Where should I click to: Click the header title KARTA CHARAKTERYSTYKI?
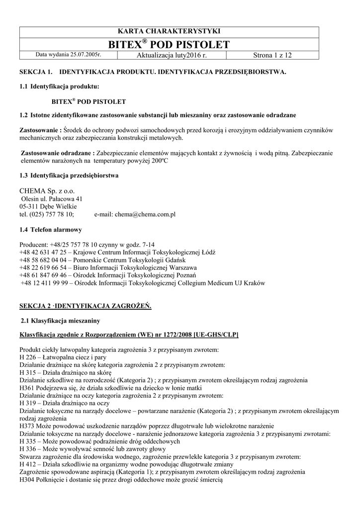(180, 31)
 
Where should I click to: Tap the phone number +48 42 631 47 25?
(42, 253)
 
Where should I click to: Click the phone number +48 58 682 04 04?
(42, 260)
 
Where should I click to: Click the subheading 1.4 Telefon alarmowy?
(50, 230)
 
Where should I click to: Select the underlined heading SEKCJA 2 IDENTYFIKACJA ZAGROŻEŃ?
(85, 305)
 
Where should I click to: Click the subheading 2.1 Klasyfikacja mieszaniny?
(60, 321)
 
